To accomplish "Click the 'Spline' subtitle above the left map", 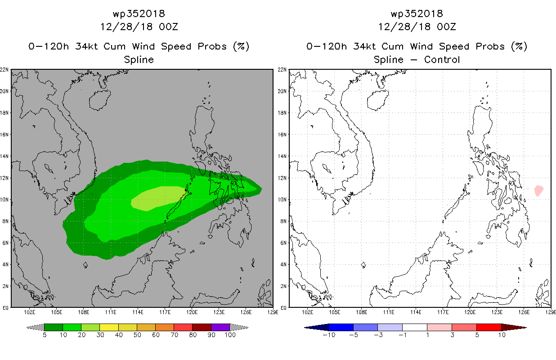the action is pyautogui.click(x=139, y=60).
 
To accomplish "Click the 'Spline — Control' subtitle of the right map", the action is pyautogui.click(x=417, y=60).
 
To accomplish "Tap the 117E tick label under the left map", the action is pyautogui.click(x=165, y=312).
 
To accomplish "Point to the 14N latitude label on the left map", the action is pyautogui.click(x=4, y=156).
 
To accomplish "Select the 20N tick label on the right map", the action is pyautogui.click(x=282, y=91).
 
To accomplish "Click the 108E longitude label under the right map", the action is pyautogui.click(x=361, y=312).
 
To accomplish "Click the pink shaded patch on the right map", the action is pyautogui.click(x=538, y=191).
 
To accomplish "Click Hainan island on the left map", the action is pyautogui.click(x=100, y=100).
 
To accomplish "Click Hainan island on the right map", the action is pyautogui.click(x=378, y=100).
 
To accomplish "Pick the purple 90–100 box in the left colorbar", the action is pyautogui.click(x=220, y=327).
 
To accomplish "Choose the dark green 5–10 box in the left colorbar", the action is pyautogui.click(x=54, y=327).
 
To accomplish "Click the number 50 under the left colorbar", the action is pyautogui.click(x=137, y=335).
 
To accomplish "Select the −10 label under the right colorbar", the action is pyautogui.click(x=329, y=335).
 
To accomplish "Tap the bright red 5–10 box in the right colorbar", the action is pyautogui.click(x=489, y=327).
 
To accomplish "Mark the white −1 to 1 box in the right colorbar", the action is pyautogui.click(x=415, y=327).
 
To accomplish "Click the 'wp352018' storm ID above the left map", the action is pyautogui.click(x=139, y=13).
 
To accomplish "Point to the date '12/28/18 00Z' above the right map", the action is pyautogui.click(x=417, y=27).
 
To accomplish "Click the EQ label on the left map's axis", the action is pyautogui.click(x=5, y=308).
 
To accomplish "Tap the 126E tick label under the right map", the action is pyautogui.click(x=524, y=312).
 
